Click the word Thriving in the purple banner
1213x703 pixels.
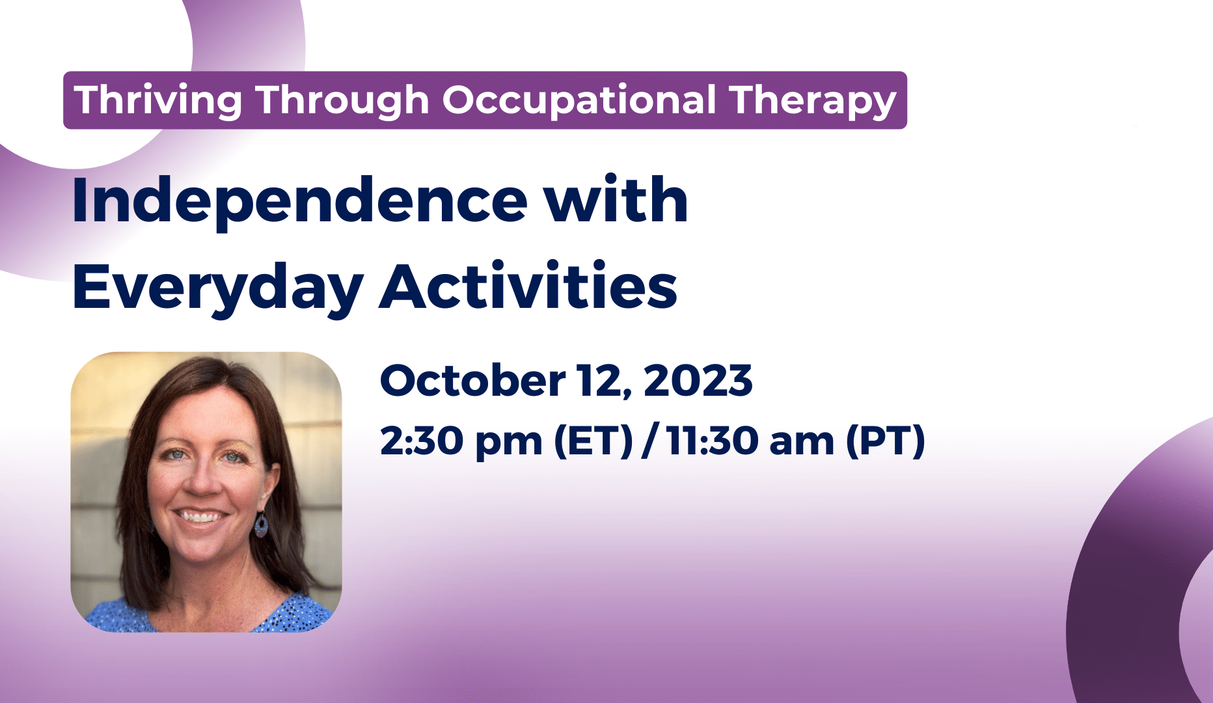point(158,101)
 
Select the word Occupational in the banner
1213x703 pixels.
point(579,101)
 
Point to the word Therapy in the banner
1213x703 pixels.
point(813,101)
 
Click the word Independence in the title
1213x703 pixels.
point(299,202)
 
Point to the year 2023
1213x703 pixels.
point(698,381)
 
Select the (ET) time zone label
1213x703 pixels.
point(593,441)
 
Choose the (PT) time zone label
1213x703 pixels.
point(885,441)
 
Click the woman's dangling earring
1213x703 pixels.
point(261,525)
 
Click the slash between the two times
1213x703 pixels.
point(649,441)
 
